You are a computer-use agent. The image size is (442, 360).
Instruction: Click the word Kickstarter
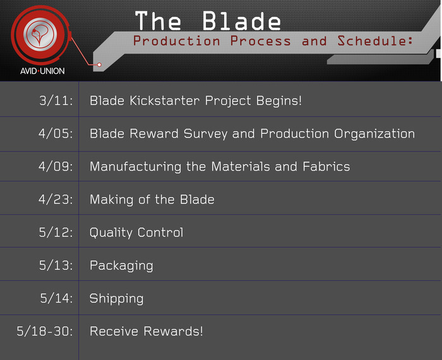coord(165,100)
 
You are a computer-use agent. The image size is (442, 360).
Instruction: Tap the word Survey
coord(205,134)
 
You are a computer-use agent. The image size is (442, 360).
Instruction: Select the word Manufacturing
coord(136,167)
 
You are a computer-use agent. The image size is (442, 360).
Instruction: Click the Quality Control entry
coord(136,233)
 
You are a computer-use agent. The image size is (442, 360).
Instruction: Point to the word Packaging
coord(121,266)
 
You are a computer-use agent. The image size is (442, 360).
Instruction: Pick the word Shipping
coord(116,299)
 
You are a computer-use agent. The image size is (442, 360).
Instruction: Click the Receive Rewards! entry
coord(146,331)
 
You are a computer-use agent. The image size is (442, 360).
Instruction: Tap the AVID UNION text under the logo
coord(42,71)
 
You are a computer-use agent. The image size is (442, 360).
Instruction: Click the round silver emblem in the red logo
coord(40,34)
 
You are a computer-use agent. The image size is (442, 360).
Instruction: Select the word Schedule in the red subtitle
coord(375,41)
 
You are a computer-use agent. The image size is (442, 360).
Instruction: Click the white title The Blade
coord(208,21)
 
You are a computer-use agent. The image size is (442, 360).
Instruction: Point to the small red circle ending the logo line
coord(99,65)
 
